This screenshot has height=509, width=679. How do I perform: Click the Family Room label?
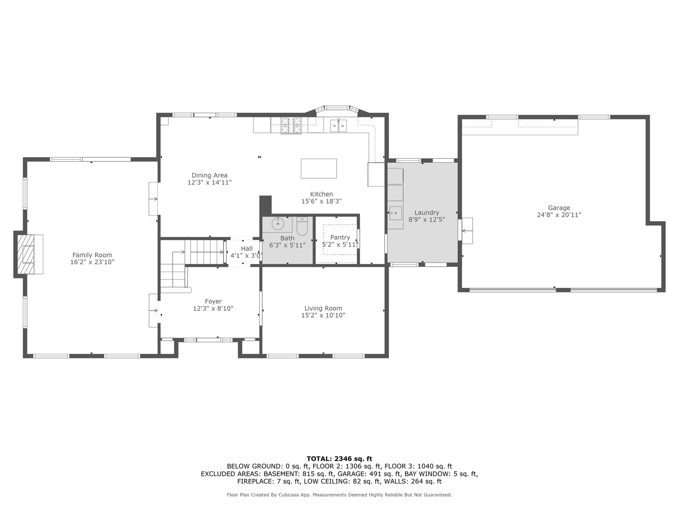(x=92, y=255)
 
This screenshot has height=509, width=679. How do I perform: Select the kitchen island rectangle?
(x=319, y=168)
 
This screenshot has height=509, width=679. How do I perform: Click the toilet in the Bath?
(x=302, y=227)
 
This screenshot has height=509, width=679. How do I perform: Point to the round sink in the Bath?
(x=278, y=223)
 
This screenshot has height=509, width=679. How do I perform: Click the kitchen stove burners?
(x=291, y=125)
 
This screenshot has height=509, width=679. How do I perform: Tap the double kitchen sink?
(x=338, y=125)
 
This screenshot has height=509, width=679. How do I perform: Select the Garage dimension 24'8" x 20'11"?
(x=559, y=215)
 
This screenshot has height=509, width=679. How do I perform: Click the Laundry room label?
(x=427, y=213)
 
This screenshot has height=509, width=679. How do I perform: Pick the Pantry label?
(x=340, y=238)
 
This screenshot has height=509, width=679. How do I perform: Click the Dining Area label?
(x=209, y=175)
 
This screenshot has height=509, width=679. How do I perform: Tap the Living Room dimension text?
(x=323, y=315)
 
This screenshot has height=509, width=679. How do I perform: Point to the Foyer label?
(x=213, y=302)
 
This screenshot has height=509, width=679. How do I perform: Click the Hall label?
(x=247, y=249)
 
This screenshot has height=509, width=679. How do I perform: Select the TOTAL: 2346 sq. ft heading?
(x=339, y=459)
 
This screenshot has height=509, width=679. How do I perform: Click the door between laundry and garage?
(x=466, y=230)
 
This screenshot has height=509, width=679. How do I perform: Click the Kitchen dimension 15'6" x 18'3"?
(x=321, y=201)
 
